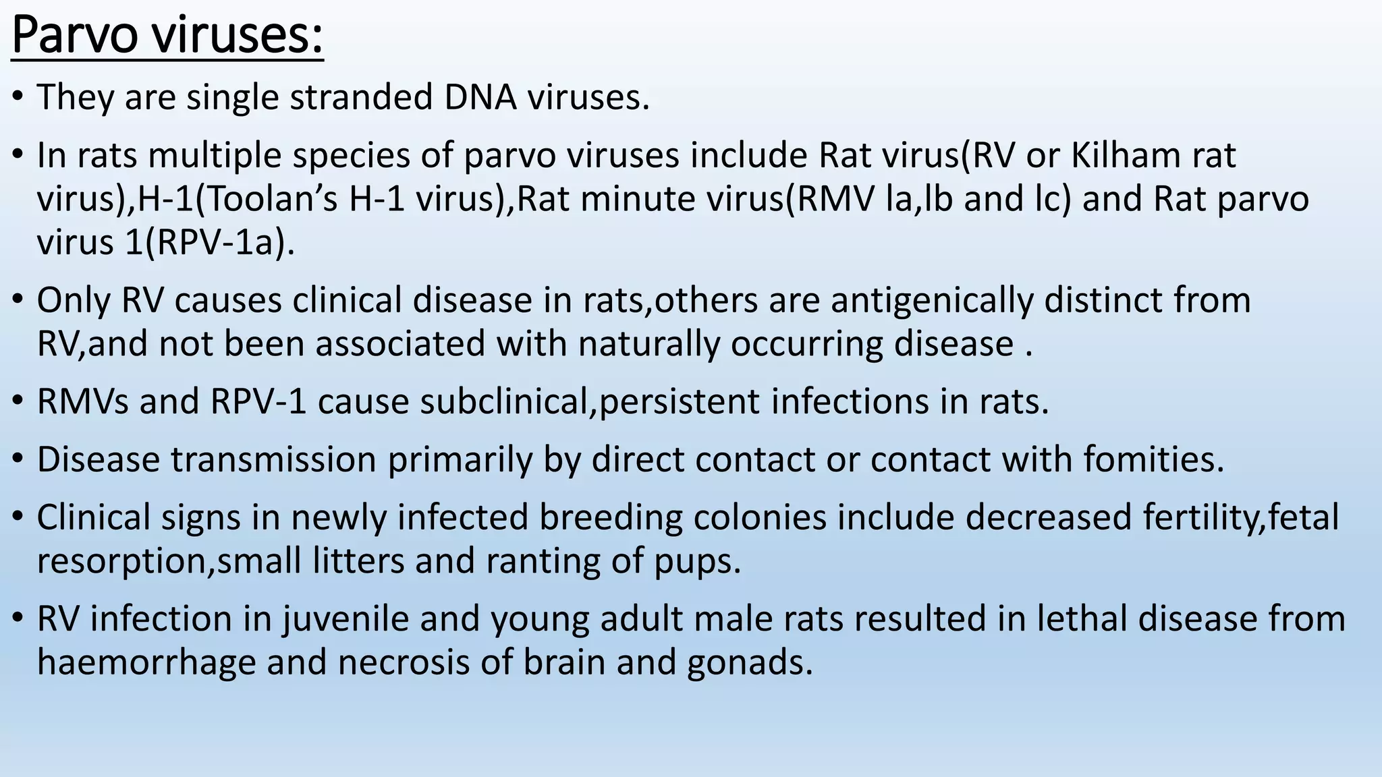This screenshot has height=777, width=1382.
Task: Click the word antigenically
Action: [x=932, y=301]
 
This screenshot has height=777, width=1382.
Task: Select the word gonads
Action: [x=750, y=662]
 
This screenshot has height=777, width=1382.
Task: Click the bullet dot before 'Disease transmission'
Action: [x=18, y=460]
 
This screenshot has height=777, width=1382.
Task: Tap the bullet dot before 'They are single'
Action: [x=18, y=98]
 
